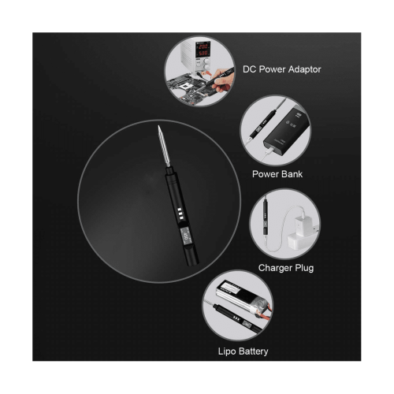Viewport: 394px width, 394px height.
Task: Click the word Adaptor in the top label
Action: (x=304, y=69)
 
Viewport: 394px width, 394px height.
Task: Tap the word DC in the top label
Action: (x=248, y=69)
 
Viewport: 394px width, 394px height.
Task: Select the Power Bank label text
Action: (x=277, y=174)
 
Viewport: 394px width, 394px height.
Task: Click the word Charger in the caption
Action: (x=275, y=268)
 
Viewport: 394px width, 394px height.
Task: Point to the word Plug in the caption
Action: (x=304, y=268)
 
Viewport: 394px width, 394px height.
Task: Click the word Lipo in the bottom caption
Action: (x=227, y=351)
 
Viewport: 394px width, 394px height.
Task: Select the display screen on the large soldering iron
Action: (x=185, y=236)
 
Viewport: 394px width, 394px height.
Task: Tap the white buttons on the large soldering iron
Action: (x=180, y=214)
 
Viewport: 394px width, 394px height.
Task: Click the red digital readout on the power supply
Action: (x=203, y=50)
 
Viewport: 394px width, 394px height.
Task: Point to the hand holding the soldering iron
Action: (x=222, y=80)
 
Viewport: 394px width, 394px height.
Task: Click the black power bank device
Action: (x=287, y=132)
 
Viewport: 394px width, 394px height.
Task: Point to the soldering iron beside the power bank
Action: (x=263, y=125)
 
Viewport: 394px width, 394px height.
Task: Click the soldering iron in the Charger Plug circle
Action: (x=266, y=217)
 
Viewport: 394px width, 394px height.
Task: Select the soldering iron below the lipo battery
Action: (x=238, y=319)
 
